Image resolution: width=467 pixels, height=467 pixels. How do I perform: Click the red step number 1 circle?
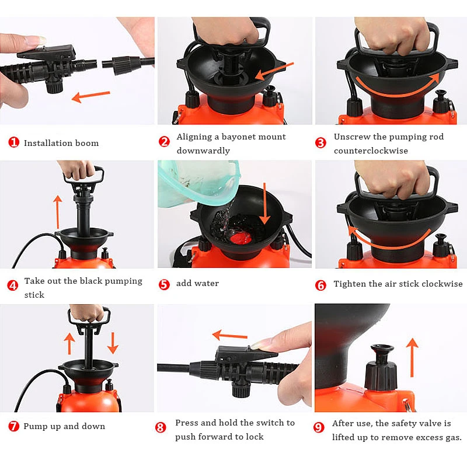pyautogui.click(x=13, y=142)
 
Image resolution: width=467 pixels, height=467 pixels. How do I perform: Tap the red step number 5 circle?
pyautogui.click(x=164, y=284)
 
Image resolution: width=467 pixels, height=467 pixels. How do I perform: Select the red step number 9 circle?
pyautogui.click(x=319, y=428)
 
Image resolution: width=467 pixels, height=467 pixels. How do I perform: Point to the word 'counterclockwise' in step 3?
pyautogui.click(x=371, y=151)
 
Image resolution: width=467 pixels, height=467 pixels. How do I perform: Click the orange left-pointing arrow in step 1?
pyautogui.click(x=91, y=96)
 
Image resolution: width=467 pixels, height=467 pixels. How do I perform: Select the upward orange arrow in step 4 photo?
pyautogui.click(x=57, y=212)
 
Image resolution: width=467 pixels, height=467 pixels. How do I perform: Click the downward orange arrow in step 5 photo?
pyautogui.click(x=264, y=203)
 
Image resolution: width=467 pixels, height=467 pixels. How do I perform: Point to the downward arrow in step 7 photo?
pyautogui.click(x=113, y=343)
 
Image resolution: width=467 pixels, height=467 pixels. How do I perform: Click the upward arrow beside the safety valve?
pyautogui.click(x=412, y=357)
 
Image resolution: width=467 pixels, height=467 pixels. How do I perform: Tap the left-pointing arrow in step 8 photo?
pyautogui.click(x=229, y=336)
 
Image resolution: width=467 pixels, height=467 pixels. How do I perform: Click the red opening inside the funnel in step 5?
pyautogui.click(x=241, y=238)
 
